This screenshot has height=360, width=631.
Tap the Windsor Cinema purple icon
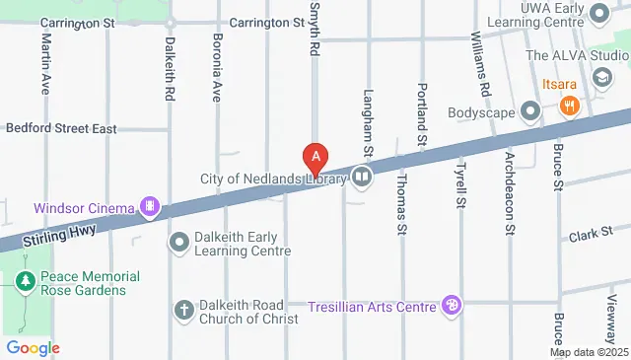(x=150, y=207)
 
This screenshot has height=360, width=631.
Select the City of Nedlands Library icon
(x=362, y=178)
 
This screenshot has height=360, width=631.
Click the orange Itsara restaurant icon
(x=568, y=106)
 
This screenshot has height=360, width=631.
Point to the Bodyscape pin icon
(x=530, y=111)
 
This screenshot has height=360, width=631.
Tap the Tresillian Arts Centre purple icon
(x=452, y=307)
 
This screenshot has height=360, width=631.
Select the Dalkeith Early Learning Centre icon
(x=179, y=242)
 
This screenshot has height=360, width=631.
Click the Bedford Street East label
(x=61, y=128)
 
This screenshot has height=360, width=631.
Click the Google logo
(x=33, y=348)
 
